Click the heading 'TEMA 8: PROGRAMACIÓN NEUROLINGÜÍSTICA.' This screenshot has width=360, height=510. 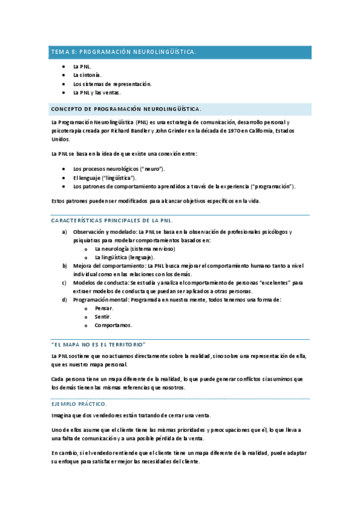(123, 52)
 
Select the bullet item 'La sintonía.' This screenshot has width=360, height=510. (87, 75)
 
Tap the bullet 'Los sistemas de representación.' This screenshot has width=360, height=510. (112, 84)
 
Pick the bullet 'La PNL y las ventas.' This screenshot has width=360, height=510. (97, 93)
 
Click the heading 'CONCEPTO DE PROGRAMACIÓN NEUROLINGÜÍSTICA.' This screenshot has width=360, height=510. (126, 109)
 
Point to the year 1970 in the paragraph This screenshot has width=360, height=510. (233, 131)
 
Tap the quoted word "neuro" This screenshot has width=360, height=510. (153, 170)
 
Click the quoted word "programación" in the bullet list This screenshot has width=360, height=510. (273, 187)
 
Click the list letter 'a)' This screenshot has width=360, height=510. (64, 232)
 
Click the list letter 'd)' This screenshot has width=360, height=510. (64, 300)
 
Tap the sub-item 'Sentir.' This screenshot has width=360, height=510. (103, 316)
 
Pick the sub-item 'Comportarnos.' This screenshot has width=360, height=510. (113, 325)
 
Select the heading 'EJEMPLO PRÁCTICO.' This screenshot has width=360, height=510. (79, 404)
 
